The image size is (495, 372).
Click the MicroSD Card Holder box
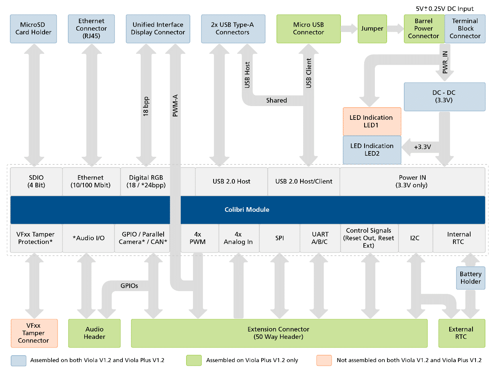pyautogui.click(x=34, y=29)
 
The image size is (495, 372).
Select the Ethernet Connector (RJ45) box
pyautogui.click(x=92, y=29)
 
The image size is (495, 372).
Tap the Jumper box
pyautogui.click(x=372, y=29)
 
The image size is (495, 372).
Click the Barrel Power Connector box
pyautogui.click(x=424, y=29)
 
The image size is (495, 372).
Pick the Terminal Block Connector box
pyautogui.click(x=465, y=29)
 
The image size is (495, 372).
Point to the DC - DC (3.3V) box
pyautogui.click(x=444, y=97)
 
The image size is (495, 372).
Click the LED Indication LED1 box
pyautogui.click(x=372, y=121)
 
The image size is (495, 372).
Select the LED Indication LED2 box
pyautogui.click(x=372, y=150)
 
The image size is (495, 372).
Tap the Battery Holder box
pyautogui.click(x=471, y=278)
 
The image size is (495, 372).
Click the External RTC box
pyautogui.click(x=461, y=333)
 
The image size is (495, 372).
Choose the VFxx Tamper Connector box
pyautogui.click(x=34, y=333)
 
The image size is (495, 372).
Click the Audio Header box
pyautogui.click(x=95, y=333)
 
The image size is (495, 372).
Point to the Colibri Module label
pyautogui.click(x=247, y=209)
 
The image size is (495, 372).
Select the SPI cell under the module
pyautogui.click(x=280, y=238)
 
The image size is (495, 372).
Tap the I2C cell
pyautogui.click(x=415, y=238)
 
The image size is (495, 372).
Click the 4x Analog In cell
pyautogui.click(x=238, y=238)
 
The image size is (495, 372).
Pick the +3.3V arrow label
pyautogui.click(x=423, y=147)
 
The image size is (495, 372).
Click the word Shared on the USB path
pyautogui.click(x=276, y=100)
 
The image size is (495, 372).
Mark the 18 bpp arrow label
pyautogui.click(x=146, y=106)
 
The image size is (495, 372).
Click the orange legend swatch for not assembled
pyautogui.click(x=324, y=360)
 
